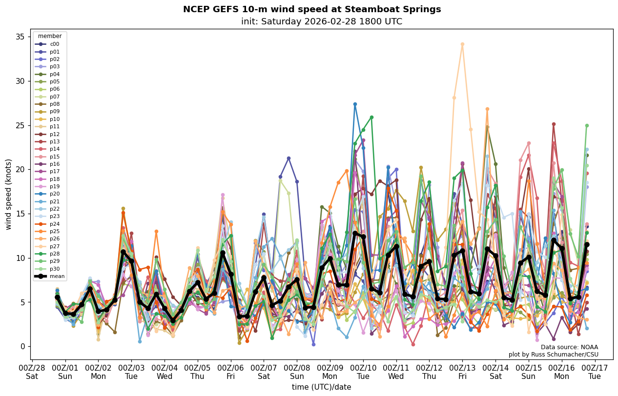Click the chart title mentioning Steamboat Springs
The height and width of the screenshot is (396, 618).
tap(312, 9)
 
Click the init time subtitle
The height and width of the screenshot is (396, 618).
tap(322, 21)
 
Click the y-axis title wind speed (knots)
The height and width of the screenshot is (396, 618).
tap(9, 194)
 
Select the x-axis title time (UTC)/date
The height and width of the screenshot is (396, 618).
tap(322, 387)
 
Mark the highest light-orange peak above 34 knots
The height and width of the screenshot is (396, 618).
tap(462, 44)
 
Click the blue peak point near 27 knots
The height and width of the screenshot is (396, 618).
tap(355, 104)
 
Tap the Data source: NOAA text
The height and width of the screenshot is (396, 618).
tap(569, 347)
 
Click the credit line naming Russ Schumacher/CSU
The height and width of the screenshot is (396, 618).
tap(553, 355)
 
